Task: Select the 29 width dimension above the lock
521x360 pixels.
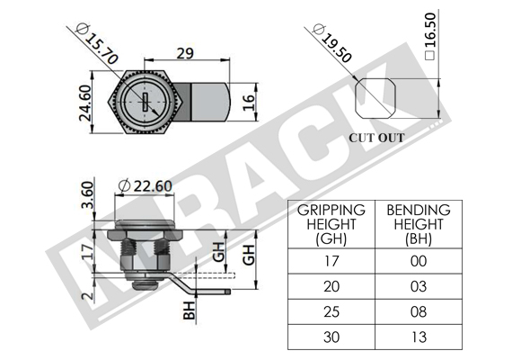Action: click(x=185, y=53)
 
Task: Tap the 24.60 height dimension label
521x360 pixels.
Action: click(x=84, y=103)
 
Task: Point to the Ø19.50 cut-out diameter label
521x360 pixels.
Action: click(x=332, y=43)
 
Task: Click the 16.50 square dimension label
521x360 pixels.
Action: click(x=429, y=36)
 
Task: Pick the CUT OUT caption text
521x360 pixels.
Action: click(x=376, y=138)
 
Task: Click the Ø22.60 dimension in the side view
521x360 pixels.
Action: click(x=146, y=185)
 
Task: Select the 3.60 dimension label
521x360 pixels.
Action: click(x=87, y=194)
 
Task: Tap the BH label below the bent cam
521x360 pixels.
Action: click(x=189, y=310)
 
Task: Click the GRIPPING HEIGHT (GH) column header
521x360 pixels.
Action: click(x=331, y=224)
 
